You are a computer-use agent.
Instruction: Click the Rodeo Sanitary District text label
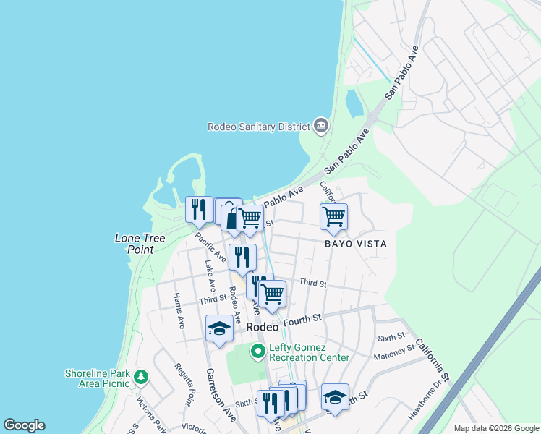tap(257, 127)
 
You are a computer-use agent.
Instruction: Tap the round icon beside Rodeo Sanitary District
tap(320, 127)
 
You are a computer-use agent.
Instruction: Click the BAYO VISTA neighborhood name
tap(355, 244)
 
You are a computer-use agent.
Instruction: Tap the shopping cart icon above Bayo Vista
tap(333, 216)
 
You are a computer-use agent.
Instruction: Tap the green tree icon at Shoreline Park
tap(140, 377)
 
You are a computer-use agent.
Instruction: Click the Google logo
tap(24, 425)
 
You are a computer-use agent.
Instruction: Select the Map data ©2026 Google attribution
tap(495, 428)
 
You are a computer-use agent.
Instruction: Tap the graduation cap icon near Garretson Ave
tap(220, 328)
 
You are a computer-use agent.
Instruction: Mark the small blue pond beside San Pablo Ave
tap(354, 103)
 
